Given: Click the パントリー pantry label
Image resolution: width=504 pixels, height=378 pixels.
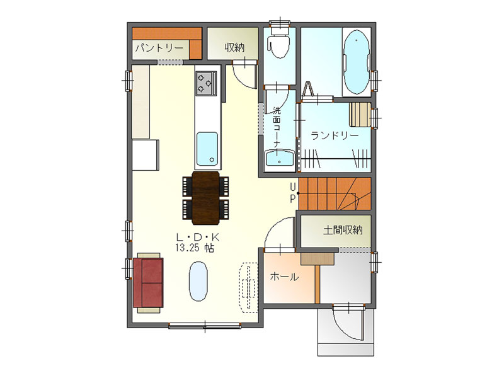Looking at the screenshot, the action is (x=159, y=48).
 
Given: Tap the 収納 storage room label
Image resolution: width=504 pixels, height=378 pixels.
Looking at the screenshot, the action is (x=234, y=48).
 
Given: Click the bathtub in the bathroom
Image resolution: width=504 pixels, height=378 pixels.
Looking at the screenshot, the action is (x=357, y=62).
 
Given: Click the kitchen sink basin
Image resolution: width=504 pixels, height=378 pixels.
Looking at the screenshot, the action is (x=207, y=149).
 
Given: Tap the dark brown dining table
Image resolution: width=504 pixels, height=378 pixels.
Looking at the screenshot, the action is (x=206, y=198).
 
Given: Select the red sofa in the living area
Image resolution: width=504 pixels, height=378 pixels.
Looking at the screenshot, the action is (x=148, y=282).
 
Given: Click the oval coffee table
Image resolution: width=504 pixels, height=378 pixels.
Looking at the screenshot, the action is (x=198, y=281).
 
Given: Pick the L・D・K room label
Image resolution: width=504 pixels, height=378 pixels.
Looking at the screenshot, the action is (x=198, y=238).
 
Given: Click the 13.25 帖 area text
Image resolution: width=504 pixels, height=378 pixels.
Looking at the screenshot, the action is (x=195, y=248).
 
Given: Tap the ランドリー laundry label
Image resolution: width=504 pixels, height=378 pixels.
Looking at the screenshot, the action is (x=335, y=135).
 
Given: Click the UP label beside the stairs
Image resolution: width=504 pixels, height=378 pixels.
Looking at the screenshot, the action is (x=292, y=193).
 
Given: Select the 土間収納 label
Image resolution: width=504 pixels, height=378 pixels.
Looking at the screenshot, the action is (x=343, y=230).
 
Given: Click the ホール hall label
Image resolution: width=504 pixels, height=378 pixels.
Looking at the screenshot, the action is (x=285, y=277).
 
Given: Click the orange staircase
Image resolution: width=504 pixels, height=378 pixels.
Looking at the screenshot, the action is (x=335, y=193).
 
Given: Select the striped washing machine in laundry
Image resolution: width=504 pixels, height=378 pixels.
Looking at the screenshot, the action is (x=360, y=115).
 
